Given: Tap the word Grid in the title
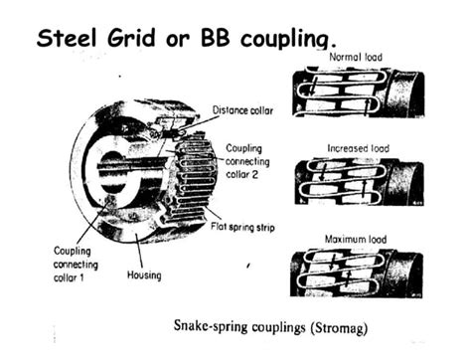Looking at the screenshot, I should (x=138, y=40).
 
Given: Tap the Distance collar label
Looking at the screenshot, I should (x=246, y=110).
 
